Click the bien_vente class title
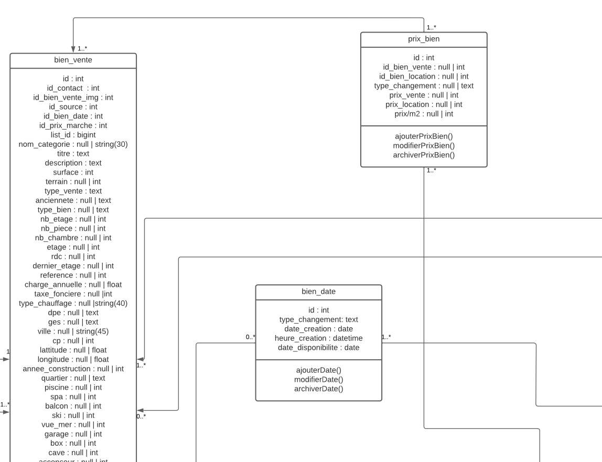pos(73,60)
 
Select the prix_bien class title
pos(424,39)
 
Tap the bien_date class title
pos(318,292)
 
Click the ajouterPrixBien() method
pos(424,136)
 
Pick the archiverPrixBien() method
pos(424,155)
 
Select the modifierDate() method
pos(318,379)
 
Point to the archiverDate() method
pos(318,389)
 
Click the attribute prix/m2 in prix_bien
pos(424,114)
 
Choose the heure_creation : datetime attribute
pos(318,338)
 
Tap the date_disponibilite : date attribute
pos(318,348)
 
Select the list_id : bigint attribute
pos(73,135)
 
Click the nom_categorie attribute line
pos(73,144)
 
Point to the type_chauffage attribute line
pos(73,303)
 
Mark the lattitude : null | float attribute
pos(73,350)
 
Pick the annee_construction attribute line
pos(73,369)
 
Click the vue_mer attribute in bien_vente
pos(73,425)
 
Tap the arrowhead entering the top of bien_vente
pos(73,49)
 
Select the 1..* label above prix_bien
pos(432,27)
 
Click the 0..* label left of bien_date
pos(250,337)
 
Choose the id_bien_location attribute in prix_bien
pos(424,77)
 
